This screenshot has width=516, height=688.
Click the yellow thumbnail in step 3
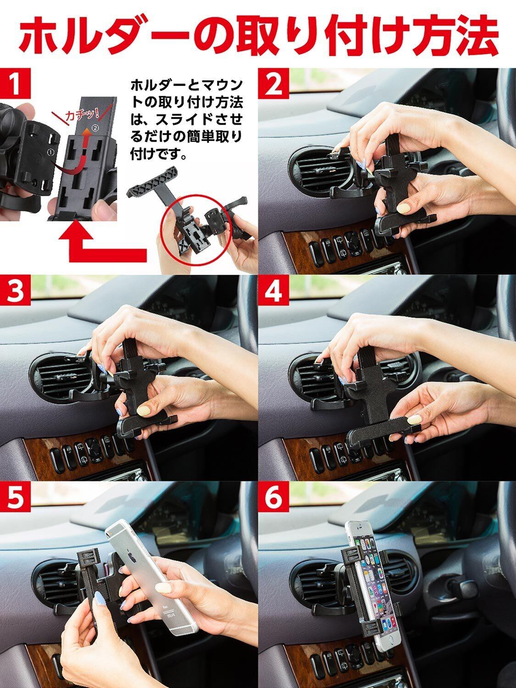(x=147, y=411)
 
